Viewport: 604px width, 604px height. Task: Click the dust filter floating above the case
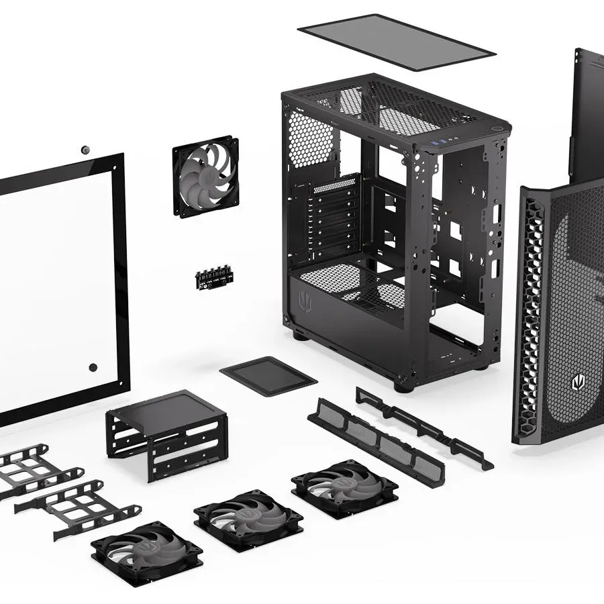pyautogui.click(x=396, y=42)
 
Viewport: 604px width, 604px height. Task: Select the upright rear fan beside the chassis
pyautogui.click(x=206, y=176)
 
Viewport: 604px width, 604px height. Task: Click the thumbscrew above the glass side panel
pyautogui.click(x=85, y=149)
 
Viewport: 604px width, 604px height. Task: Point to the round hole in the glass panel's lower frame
pyautogui.click(x=93, y=367)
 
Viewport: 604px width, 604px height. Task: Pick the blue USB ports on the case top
pyautogui.click(x=437, y=142)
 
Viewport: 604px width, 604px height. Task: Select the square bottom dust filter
pyautogui.click(x=268, y=376)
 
